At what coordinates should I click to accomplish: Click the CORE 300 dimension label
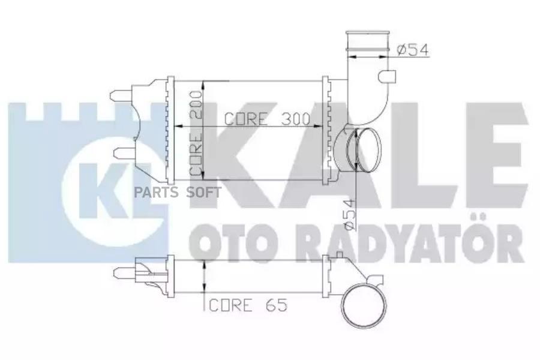(266, 118)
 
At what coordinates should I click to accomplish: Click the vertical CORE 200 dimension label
(196, 137)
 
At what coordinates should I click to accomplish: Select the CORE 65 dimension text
(248, 305)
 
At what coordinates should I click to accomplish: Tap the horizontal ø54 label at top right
(413, 50)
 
